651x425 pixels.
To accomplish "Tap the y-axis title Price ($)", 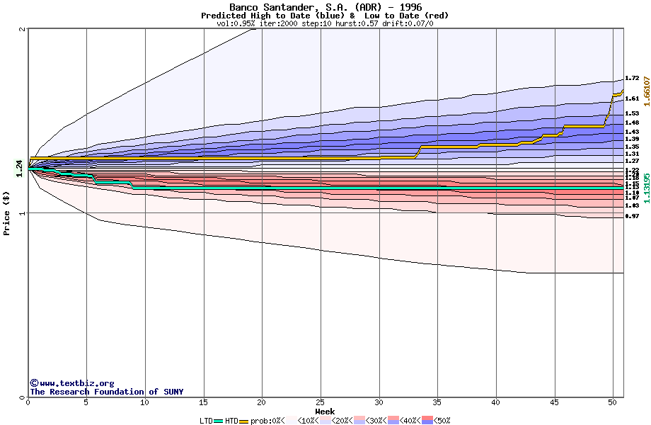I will tap(7, 212).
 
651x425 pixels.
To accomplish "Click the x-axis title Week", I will tap(325, 411).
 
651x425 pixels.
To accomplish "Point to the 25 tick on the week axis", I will tap(321, 402).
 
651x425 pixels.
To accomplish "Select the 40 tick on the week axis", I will tap(497, 402).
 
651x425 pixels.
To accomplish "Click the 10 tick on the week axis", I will tap(145, 402).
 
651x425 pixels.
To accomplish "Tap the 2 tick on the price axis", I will tap(23, 29).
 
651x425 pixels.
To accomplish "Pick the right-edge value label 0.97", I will tap(632, 216).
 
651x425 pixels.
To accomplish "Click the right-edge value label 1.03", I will tap(632, 205).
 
